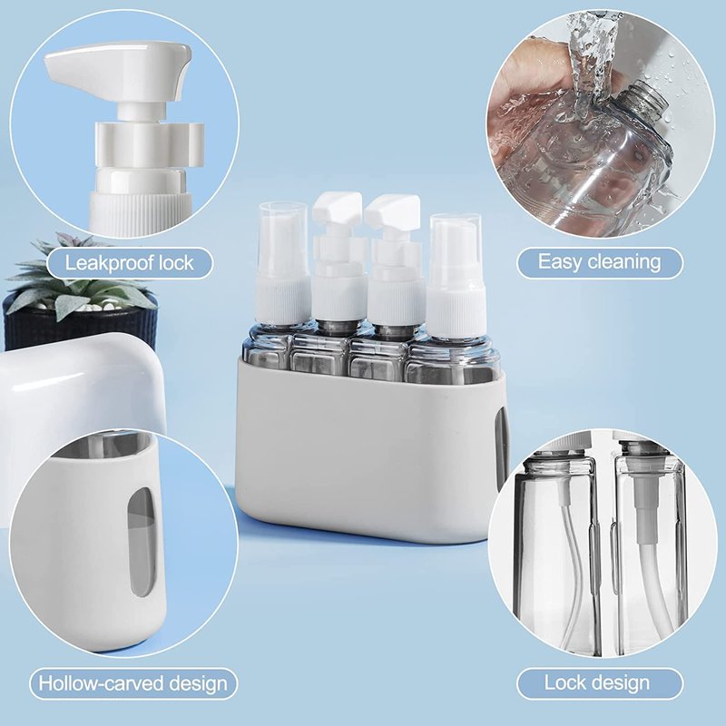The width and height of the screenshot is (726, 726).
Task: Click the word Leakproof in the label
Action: pyautogui.click(x=109, y=263)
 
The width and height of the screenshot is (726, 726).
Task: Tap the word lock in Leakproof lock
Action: pyautogui.click(x=176, y=263)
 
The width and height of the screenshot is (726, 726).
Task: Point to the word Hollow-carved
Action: pyautogui.click(x=100, y=683)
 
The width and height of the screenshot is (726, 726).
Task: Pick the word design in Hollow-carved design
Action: pyautogui.click(x=197, y=684)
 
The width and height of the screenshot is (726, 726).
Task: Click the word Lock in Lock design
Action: pyautogui.click(x=563, y=683)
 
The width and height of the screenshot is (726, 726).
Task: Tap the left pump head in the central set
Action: pyautogui.click(x=337, y=209)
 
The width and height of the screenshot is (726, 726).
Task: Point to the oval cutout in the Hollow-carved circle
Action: pyautogui.click(x=141, y=541)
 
